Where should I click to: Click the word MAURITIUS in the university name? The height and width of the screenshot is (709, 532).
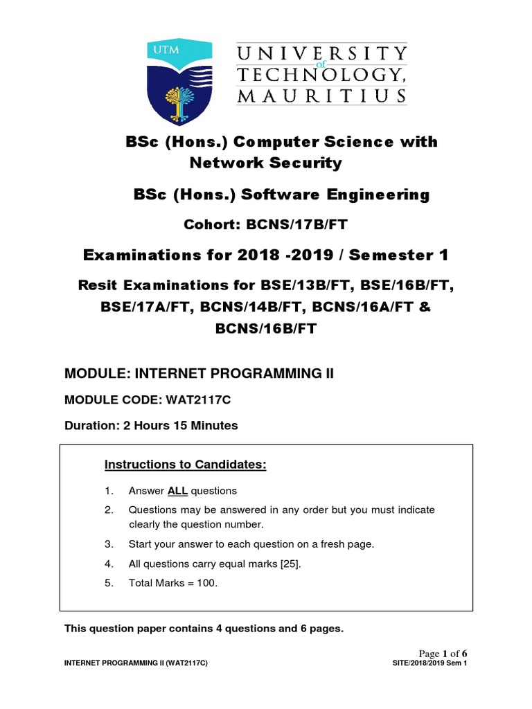click(321, 95)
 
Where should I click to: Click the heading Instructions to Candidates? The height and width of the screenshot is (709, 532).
click(185, 464)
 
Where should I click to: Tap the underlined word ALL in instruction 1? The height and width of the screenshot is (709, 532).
click(177, 491)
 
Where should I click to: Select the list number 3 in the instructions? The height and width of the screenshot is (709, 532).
click(109, 544)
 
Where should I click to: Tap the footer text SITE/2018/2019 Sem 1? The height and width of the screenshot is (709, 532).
click(430, 664)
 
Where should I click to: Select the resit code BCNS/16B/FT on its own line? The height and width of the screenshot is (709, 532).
click(266, 329)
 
